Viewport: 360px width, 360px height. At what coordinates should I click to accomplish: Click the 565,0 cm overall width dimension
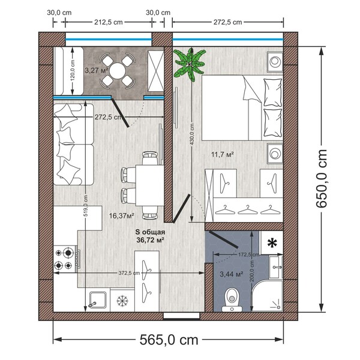(x=169, y=340)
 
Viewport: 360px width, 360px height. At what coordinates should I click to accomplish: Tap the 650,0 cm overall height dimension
(x=321, y=179)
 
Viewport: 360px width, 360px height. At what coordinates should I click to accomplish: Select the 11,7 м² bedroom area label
(x=222, y=154)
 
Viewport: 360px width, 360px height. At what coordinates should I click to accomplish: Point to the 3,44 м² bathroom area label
(x=232, y=274)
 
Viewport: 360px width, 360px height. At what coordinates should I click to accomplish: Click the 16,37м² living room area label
(x=121, y=215)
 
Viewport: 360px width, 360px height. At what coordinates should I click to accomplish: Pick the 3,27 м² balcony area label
(x=97, y=70)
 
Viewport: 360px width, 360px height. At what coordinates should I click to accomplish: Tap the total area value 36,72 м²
(x=150, y=240)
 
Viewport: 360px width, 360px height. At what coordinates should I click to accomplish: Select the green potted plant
(x=189, y=64)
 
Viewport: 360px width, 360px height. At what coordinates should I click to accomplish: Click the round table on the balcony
(x=118, y=71)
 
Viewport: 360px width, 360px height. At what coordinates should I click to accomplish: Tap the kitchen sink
(x=97, y=300)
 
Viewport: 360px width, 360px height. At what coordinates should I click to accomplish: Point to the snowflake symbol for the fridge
(x=122, y=301)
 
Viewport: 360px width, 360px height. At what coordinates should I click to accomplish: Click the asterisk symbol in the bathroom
(x=272, y=243)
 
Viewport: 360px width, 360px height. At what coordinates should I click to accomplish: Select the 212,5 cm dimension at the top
(x=109, y=22)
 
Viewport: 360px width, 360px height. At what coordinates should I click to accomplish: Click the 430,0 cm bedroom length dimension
(x=192, y=134)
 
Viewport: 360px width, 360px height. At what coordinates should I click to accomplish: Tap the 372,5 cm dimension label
(x=129, y=273)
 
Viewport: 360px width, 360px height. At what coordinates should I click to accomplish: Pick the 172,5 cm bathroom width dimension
(x=248, y=254)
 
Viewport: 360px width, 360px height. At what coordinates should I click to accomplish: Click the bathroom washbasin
(x=276, y=267)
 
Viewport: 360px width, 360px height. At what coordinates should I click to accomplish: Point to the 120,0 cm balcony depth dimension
(x=73, y=71)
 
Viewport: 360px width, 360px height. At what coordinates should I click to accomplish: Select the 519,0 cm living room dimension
(x=85, y=205)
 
